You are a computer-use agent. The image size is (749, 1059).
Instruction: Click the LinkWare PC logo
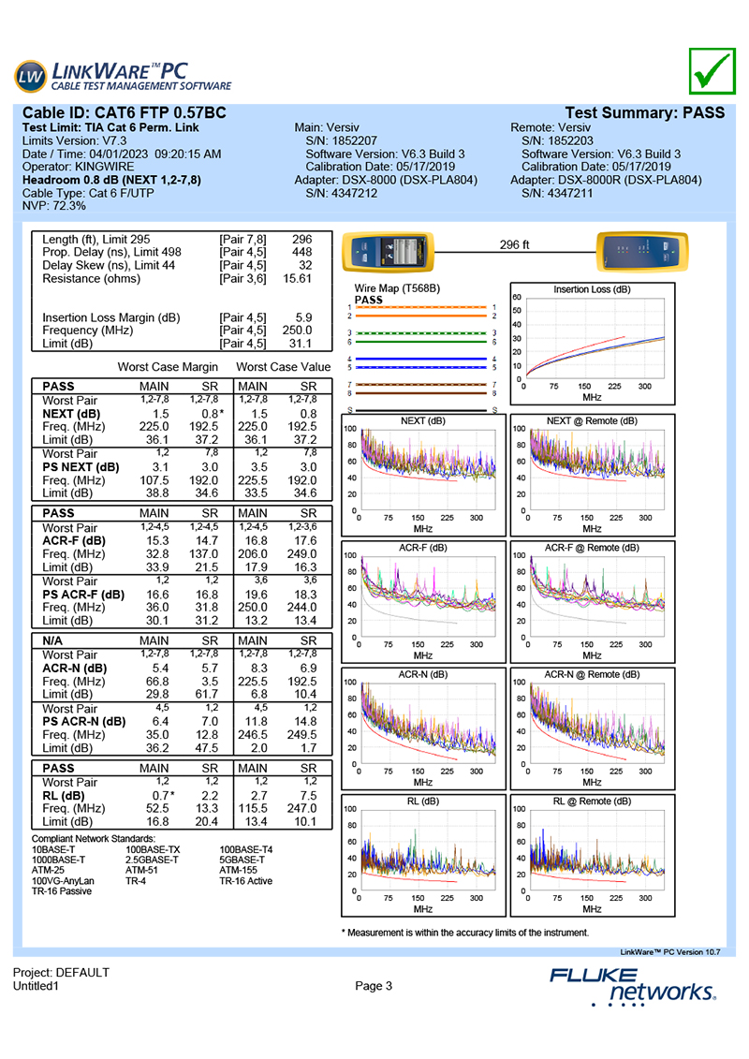click(123, 74)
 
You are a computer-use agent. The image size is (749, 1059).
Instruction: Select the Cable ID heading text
click(125, 112)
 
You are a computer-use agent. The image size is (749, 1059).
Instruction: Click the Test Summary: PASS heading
click(645, 112)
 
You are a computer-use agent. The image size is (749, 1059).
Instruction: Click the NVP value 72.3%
click(69, 205)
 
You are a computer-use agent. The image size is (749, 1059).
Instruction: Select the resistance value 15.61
click(298, 279)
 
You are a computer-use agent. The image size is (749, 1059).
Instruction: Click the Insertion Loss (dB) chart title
click(592, 290)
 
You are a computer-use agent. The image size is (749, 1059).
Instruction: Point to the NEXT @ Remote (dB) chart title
click(592, 421)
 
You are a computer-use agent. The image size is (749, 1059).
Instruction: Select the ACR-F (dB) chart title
click(422, 548)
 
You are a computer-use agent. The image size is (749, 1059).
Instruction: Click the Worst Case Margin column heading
click(169, 367)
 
